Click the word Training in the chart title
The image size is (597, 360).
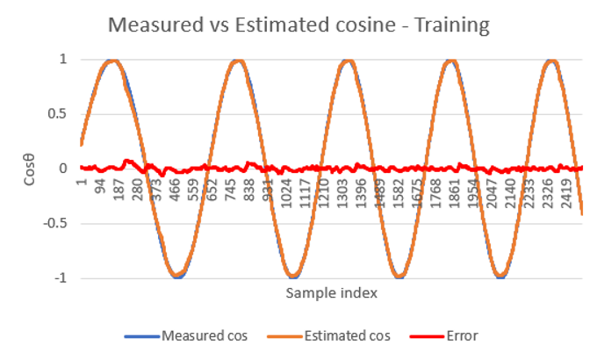pos(451,26)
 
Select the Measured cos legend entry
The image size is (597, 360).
pos(186,336)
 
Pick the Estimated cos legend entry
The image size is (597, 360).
pos(328,336)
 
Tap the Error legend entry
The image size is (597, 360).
pos(444,336)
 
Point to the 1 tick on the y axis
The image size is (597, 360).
pos(63,59)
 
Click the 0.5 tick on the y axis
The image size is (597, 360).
pos(57,114)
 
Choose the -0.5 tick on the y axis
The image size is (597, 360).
pos(55,223)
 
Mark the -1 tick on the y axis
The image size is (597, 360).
pos(61,278)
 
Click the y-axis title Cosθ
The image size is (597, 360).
pos(29,169)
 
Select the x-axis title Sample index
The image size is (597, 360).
pos(332,293)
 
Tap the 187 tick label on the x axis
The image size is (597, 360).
pos(119,190)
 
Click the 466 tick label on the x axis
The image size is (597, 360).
pos(175,190)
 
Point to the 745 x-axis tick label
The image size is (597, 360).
pos(231,190)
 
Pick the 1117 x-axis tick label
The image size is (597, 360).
pos(305,193)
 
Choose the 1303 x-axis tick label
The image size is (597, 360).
pos(342,193)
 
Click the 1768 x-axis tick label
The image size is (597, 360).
pos(435,193)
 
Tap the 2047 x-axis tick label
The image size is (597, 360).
pos(492,193)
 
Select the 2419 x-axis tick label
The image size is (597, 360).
pos(566,193)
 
